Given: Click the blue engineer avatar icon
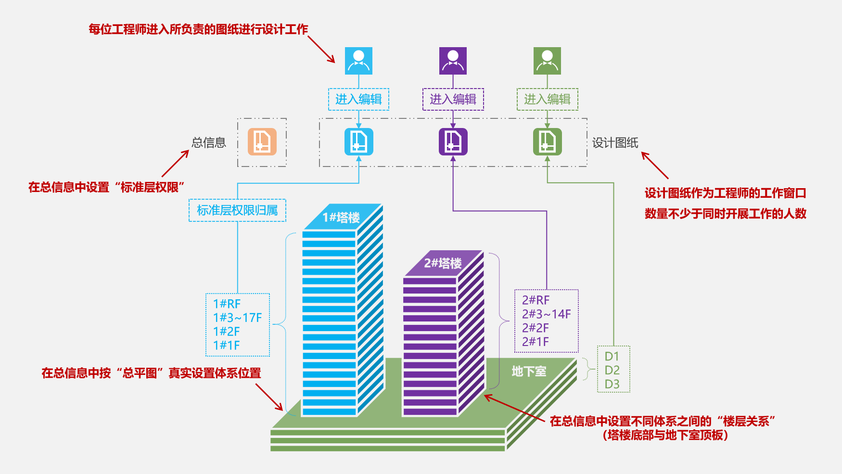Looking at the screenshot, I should (358, 61).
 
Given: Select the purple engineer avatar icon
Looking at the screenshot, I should (453, 61).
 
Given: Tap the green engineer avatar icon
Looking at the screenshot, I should (547, 61).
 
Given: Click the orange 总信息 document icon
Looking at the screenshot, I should (262, 142).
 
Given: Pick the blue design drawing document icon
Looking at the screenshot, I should (358, 142).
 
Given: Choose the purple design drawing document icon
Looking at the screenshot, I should (453, 142).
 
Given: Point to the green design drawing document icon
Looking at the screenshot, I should (547, 142).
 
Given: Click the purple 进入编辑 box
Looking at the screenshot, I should (453, 99).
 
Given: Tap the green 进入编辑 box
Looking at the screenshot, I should (547, 99).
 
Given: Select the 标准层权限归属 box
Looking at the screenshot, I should (237, 210).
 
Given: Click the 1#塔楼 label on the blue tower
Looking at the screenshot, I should (341, 218).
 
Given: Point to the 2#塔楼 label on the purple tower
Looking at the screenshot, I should (443, 263).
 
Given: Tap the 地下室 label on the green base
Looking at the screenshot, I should (529, 372).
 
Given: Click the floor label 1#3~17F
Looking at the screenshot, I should (238, 318).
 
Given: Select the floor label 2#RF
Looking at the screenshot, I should (536, 300).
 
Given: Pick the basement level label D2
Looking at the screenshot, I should (612, 370).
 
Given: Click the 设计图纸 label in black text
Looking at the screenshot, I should (615, 143).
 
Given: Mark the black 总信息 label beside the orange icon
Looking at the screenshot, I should (209, 143).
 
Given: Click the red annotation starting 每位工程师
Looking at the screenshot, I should (198, 29).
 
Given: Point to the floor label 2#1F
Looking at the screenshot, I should (536, 342).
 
